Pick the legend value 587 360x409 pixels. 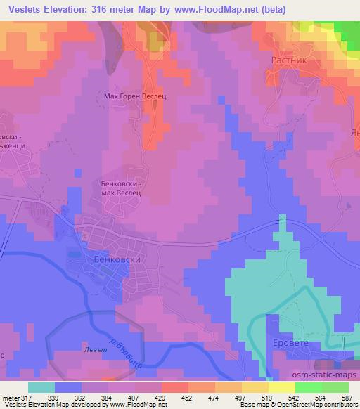tap(345, 398)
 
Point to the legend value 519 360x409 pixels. tap(266, 398)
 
